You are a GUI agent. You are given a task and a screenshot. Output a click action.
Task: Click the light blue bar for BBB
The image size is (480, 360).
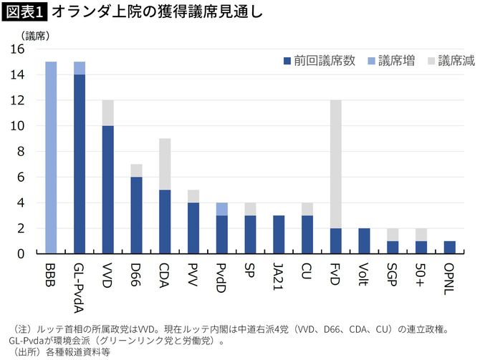coord(51,157)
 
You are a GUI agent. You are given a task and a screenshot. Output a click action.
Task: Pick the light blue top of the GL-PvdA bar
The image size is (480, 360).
coord(79,68)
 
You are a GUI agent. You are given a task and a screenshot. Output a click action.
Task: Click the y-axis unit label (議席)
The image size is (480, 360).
coord(33,34)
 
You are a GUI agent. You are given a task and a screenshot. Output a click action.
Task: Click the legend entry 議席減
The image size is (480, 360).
coord(450,61)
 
